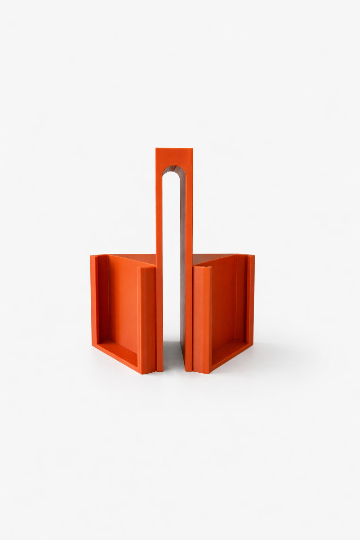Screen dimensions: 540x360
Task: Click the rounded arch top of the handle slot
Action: click(171, 169)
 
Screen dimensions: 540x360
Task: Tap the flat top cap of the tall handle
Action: click(174, 156)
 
